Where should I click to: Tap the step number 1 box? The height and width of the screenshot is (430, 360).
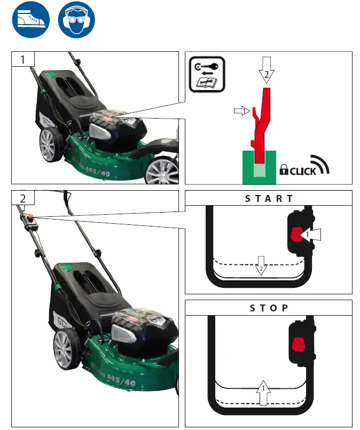pos(23,59)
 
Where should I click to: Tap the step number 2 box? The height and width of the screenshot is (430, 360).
pos(23,198)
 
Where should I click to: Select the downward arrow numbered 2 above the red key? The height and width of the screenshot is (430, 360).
pos(267,68)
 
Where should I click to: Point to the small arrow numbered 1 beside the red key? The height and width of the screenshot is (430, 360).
pos(242,111)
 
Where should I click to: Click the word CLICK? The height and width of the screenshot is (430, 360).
pos(303,171)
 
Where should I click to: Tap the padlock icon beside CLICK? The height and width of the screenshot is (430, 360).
pos(284,171)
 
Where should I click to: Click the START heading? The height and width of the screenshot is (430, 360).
pos(269,198)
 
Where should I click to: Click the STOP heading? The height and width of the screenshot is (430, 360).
pos(269,308)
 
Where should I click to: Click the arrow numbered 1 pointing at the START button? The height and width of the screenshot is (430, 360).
pos(312,234)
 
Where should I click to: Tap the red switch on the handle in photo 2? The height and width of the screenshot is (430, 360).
pos(31,216)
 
